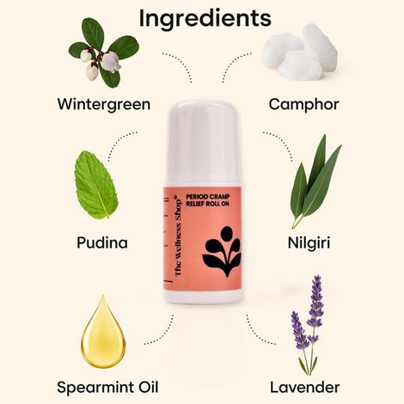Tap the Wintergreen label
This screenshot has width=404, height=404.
point(103,105)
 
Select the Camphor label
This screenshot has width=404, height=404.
point(303,105)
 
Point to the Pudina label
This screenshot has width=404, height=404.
point(101,242)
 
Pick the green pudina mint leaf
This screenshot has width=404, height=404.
point(96,184)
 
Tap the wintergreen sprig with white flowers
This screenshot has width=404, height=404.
point(101,53)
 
